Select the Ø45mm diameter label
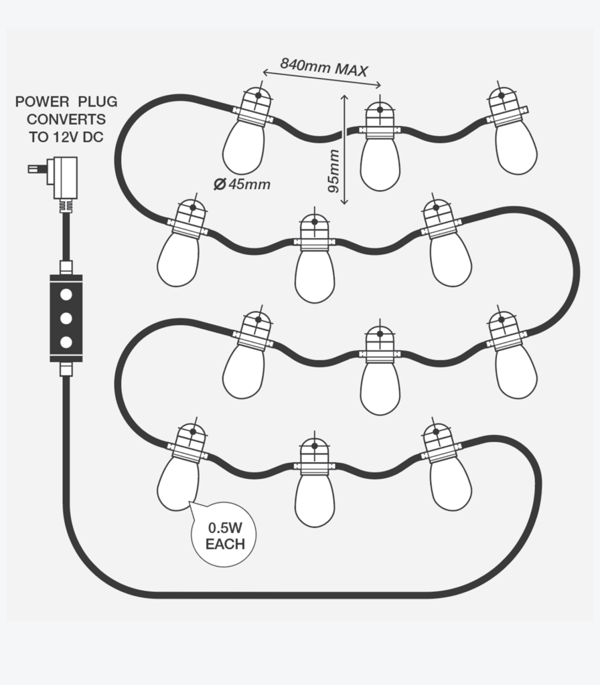pyautogui.click(x=242, y=185)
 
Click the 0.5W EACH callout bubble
pyautogui.click(x=225, y=534)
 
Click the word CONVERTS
pyautogui.click(x=66, y=119)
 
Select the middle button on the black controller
pyautogui.click(x=66, y=317)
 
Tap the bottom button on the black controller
pyautogui.click(x=66, y=342)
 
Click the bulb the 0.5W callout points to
pyautogui.click(x=178, y=483)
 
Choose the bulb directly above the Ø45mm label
pyautogui.click(x=244, y=147)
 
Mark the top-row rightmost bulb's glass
pyautogui.click(x=516, y=149)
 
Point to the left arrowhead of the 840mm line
pyautogui.click(x=264, y=72)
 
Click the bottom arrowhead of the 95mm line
pyautogui.click(x=344, y=201)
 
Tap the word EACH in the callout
pyautogui.click(x=225, y=545)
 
